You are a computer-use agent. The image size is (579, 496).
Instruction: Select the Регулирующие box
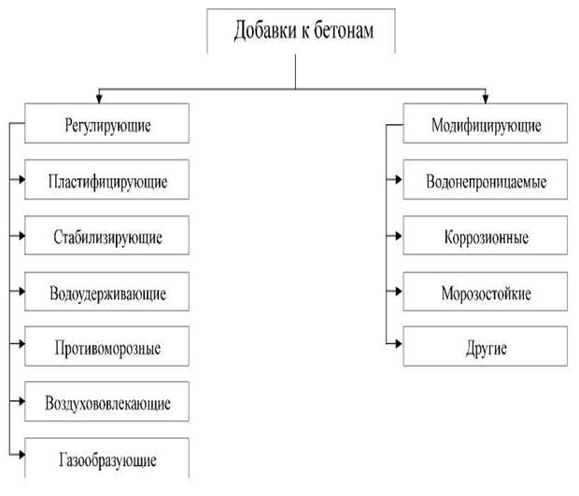coord(108,123)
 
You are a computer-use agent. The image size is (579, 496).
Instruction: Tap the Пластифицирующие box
coord(108,180)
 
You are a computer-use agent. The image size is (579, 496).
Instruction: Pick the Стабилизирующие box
coord(108,236)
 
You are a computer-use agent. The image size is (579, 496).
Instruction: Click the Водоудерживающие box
coord(108,292)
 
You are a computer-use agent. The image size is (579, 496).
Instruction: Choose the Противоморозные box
coord(108,348)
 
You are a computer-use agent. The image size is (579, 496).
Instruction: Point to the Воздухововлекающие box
coord(108,404)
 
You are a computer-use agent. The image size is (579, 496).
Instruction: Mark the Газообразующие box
coord(108,458)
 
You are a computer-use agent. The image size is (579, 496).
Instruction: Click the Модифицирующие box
coord(486,123)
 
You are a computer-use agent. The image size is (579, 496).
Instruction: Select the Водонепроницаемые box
coord(486,180)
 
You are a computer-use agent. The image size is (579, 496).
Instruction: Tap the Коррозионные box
coord(486,236)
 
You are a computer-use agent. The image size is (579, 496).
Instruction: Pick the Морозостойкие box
coord(486,292)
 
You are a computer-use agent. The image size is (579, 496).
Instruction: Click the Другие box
coord(486,348)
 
